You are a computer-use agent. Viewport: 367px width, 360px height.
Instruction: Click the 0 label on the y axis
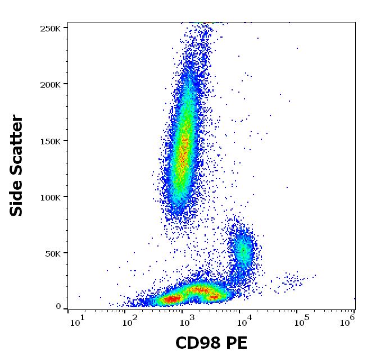click(x=58, y=307)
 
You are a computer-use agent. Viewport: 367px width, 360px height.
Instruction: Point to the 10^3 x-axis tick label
click(x=188, y=320)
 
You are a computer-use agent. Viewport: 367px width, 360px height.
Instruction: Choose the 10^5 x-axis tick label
click(x=301, y=320)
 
